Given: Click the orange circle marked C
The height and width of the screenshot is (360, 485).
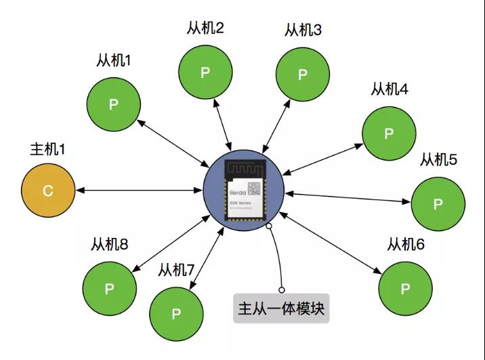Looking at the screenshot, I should click(47, 191).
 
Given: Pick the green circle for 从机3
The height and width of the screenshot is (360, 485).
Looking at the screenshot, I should click(303, 74).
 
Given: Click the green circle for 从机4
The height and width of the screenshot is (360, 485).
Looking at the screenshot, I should click(389, 134).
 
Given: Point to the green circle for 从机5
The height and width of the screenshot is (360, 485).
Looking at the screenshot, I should click(438, 203).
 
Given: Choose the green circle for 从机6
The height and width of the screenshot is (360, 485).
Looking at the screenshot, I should click(406, 288).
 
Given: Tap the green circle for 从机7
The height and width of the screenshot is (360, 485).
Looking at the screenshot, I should click(176, 314).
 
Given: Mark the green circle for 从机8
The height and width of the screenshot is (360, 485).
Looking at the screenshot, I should click(109, 288).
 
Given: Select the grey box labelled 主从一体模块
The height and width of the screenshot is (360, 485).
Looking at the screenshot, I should click(281, 309).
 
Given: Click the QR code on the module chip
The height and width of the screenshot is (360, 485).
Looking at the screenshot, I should click(253, 189).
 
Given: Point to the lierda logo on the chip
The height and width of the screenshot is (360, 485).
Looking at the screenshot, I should click(234, 191).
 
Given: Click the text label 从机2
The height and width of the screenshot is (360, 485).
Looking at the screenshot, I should click(205, 29).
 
